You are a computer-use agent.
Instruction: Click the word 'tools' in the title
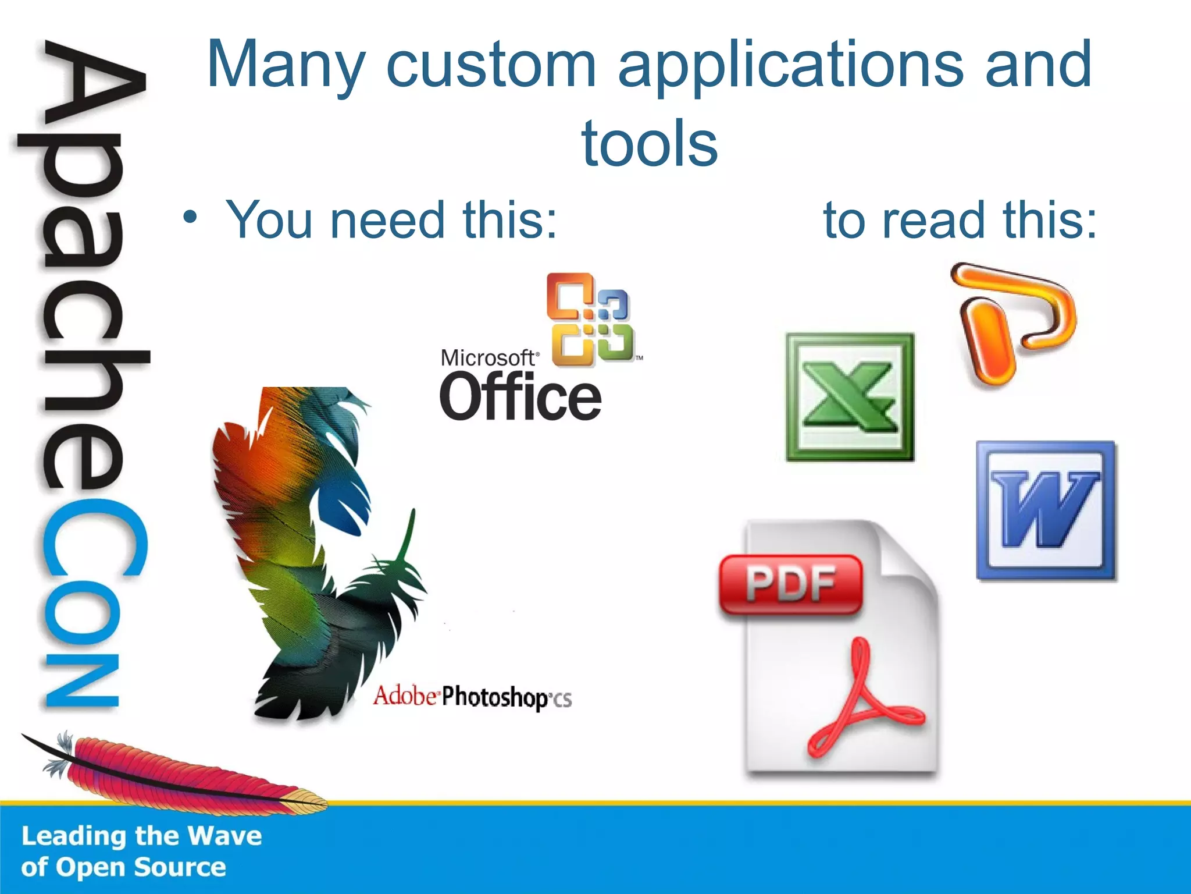click(650, 143)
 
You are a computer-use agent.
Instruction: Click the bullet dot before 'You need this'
click(190, 218)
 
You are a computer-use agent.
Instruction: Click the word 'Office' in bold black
click(520, 397)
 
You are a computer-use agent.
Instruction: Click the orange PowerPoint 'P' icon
click(1012, 323)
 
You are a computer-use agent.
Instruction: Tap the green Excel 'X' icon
click(850, 397)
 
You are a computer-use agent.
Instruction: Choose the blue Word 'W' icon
click(1046, 510)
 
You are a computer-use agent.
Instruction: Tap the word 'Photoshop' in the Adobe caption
click(494, 697)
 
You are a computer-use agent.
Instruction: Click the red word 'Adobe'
click(404, 696)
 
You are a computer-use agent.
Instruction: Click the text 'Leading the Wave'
click(141, 836)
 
